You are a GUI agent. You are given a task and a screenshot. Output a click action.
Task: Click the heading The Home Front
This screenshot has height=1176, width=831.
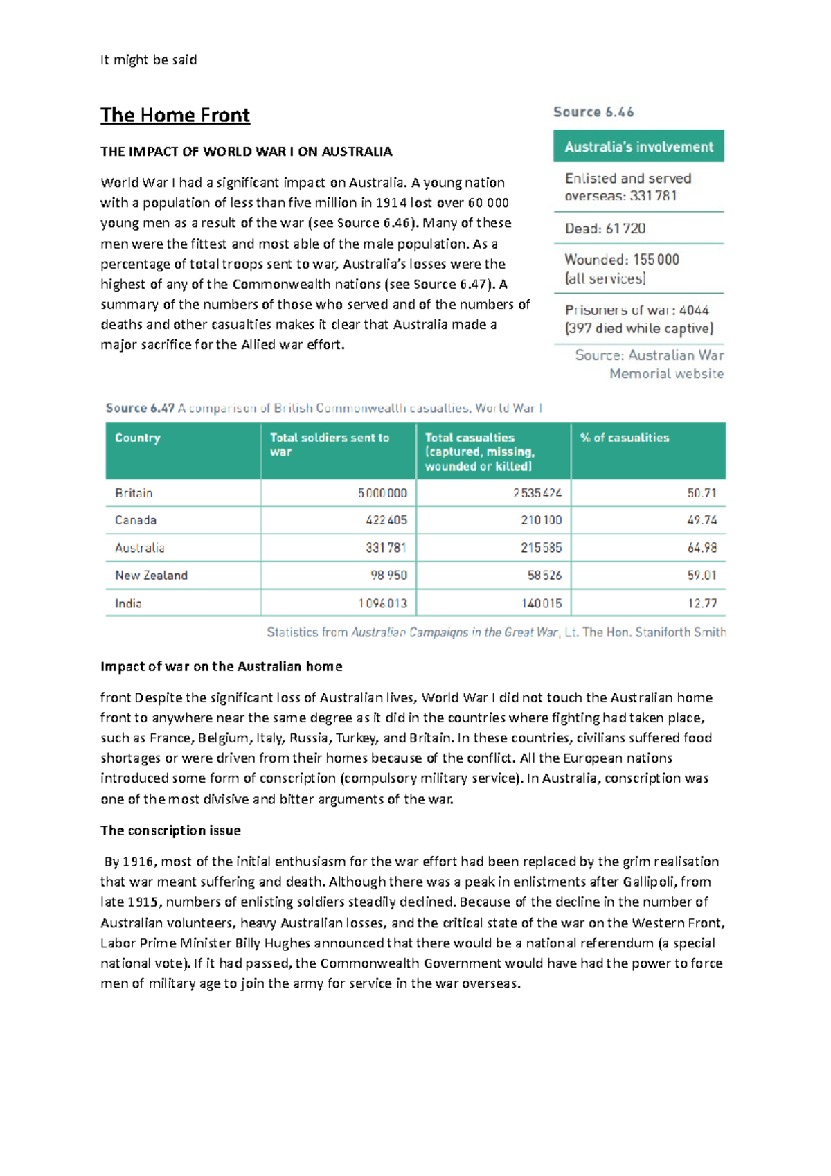175,115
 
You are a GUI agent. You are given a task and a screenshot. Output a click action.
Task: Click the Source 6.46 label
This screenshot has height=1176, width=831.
593,112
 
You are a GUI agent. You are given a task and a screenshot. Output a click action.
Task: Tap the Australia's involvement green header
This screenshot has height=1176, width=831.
638,147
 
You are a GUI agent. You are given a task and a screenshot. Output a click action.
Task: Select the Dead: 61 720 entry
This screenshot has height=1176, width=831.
605,229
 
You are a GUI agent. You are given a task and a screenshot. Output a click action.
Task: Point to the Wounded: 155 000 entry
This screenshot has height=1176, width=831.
621,260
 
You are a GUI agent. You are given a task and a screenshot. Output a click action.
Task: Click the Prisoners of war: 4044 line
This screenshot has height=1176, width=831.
636,310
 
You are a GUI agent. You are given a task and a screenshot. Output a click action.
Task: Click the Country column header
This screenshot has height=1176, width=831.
137,438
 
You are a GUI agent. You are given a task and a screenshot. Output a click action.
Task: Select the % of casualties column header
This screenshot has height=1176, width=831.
624,438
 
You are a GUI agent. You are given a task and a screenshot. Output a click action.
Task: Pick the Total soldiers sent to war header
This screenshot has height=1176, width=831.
329,444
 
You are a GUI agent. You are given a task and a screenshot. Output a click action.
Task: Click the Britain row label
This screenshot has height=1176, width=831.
134,493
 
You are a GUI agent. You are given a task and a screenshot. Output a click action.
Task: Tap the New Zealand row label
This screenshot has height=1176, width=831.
151,576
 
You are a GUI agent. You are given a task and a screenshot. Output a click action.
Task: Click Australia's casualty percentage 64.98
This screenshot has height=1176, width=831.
702,548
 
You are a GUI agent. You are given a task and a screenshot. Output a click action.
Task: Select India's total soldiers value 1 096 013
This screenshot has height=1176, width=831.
382,603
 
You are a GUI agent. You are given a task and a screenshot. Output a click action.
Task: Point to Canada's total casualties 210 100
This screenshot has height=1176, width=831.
541,520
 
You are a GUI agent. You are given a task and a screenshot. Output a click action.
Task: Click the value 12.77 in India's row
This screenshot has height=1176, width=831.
702,603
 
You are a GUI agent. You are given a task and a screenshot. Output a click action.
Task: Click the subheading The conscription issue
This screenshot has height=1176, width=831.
170,830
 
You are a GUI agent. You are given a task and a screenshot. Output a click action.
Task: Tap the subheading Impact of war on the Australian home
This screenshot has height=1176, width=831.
221,666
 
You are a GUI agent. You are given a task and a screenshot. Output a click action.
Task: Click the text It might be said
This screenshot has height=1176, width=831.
148,60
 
